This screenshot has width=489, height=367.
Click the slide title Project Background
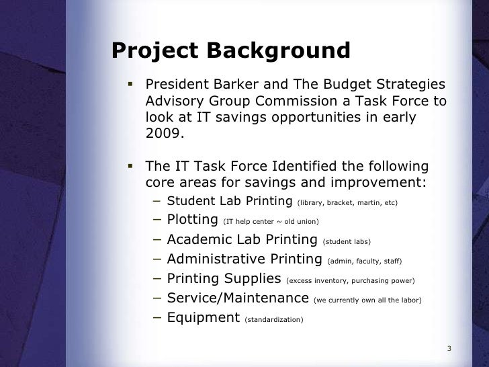[x=230, y=51]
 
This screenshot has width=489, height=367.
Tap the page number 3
[x=449, y=348]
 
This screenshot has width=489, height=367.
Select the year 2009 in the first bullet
[x=163, y=133]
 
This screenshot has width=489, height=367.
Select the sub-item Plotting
[x=191, y=220]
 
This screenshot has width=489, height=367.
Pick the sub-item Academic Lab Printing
[x=242, y=240]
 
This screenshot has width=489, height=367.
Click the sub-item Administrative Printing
[x=244, y=259]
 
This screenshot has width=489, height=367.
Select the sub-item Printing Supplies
[x=224, y=278]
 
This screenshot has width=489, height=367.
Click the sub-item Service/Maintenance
[x=238, y=298]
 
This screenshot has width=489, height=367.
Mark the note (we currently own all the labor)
[x=368, y=299]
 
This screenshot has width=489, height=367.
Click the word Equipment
[x=203, y=317]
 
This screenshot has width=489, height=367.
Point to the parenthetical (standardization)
[x=274, y=319]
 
